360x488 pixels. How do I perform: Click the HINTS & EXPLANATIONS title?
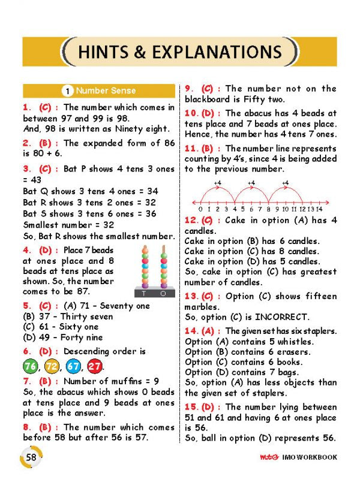[x=180, y=52]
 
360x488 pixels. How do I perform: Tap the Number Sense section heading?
[x=106, y=91]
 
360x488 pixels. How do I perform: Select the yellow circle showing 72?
[x=52, y=366]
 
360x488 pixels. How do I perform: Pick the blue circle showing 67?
[x=73, y=366]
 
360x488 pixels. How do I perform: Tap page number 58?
[x=32, y=457]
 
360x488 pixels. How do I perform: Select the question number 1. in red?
[x=27, y=107]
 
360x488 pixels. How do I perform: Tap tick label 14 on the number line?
[x=319, y=209]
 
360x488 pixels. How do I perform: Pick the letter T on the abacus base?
[x=144, y=294]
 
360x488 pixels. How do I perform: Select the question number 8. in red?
[x=27, y=427]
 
